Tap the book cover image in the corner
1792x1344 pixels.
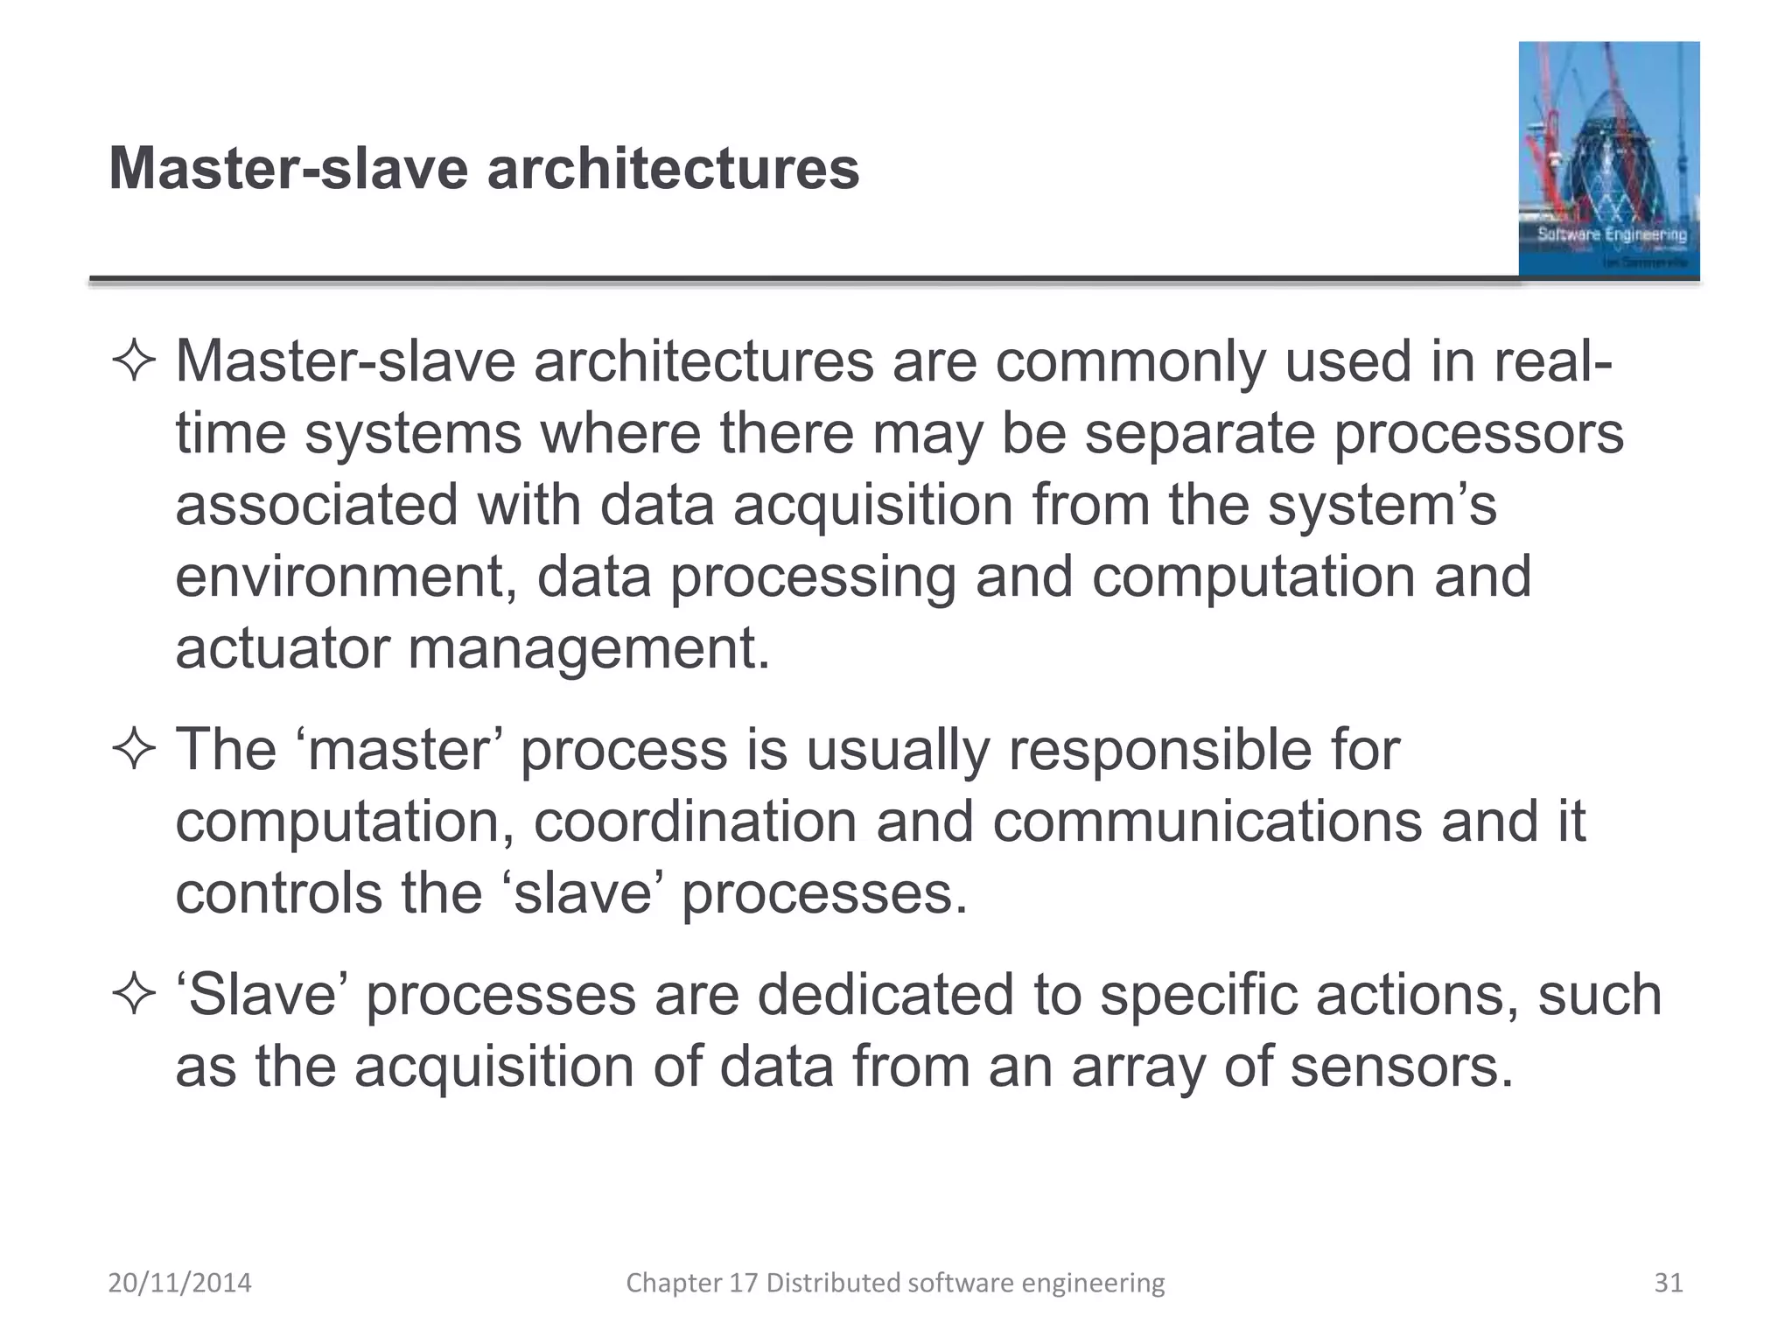(x=1608, y=159)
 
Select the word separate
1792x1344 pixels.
(x=1200, y=434)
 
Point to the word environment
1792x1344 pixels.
(x=345, y=577)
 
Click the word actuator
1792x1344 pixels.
(x=282, y=649)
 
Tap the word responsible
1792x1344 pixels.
(x=1160, y=751)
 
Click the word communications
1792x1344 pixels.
(x=1207, y=822)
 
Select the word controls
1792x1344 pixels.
(x=279, y=893)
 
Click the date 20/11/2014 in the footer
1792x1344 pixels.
(x=179, y=1283)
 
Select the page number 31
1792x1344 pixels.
(x=1669, y=1283)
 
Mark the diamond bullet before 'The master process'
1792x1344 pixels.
(x=134, y=751)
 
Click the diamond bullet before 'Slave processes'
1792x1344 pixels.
(x=134, y=996)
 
